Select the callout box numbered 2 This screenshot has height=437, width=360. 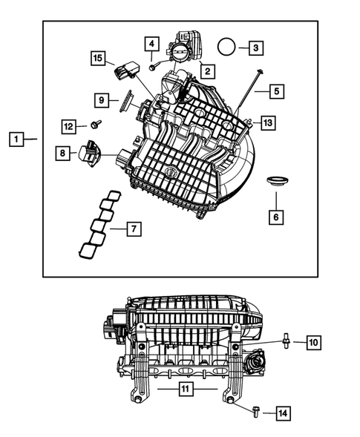[x=206, y=72]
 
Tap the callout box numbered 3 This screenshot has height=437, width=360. [x=255, y=48]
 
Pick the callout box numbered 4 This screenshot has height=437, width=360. [x=151, y=44]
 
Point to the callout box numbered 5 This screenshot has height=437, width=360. [x=275, y=92]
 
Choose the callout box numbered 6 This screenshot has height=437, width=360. [x=275, y=217]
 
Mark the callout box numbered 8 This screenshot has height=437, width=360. [x=64, y=153]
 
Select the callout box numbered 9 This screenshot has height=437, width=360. [x=102, y=99]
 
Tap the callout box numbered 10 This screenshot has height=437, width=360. [x=313, y=342]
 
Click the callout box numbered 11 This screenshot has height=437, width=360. [x=187, y=387]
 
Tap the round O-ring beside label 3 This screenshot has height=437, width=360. [x=227, y=47]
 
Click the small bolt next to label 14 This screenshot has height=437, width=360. [x=256, y=410]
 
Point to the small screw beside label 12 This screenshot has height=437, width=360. [x=95, y=125]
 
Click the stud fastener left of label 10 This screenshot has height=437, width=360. [x=284, y=341]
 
